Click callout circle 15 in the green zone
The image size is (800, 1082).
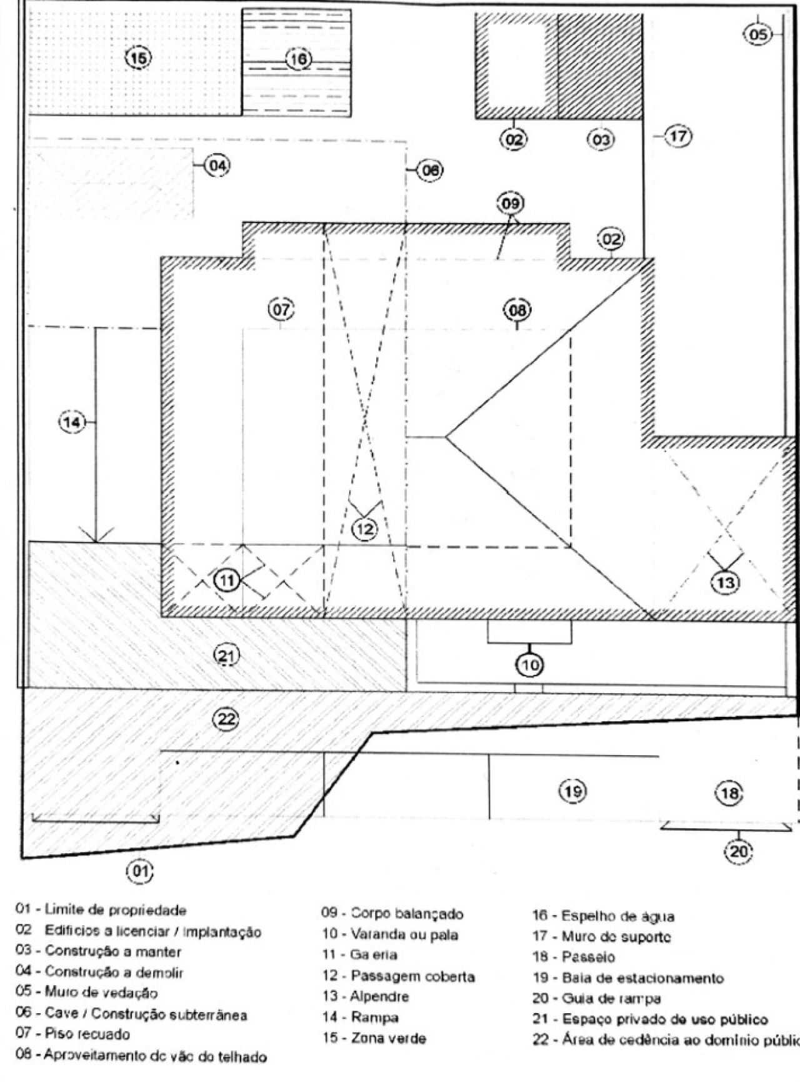139,58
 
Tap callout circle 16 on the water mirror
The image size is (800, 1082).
299,59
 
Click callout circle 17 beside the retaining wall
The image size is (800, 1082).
679,136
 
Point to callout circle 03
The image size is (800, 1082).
601,139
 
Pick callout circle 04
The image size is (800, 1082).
217,166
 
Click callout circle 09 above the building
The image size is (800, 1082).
511,204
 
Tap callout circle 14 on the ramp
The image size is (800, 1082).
72,423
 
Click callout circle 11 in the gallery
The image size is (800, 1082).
227,581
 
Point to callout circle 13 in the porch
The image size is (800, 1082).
726,583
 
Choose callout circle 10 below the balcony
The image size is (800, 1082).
529,665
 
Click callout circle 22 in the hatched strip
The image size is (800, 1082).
226,719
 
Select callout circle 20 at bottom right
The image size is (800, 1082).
738,851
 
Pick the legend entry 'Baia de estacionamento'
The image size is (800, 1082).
627,978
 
